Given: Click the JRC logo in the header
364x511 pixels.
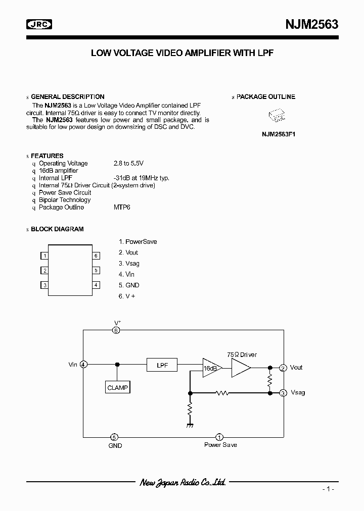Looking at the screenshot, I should point(39,24).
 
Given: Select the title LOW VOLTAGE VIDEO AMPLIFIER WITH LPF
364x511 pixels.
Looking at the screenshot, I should point(182,53).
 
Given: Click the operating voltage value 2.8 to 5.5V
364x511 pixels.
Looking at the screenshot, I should point(128,163).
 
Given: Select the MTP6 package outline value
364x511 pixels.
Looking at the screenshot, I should point(122,207).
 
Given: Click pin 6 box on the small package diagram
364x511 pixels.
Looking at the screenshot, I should point(96,255).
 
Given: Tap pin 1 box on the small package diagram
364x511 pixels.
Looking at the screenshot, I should point(45,255).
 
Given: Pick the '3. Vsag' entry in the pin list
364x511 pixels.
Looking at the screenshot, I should point(129,263).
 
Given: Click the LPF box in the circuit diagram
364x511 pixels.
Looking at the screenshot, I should point(162,365).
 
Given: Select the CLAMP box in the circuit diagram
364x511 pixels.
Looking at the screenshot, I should point(118,388).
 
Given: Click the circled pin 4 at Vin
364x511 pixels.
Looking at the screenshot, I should point(83,365).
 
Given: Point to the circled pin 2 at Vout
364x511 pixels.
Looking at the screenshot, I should point(283,368).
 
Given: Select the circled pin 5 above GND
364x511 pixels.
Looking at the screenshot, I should point(115,437).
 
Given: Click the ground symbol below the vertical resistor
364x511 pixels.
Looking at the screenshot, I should point(190,425).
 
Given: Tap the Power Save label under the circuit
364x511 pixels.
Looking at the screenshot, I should point(220,445).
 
